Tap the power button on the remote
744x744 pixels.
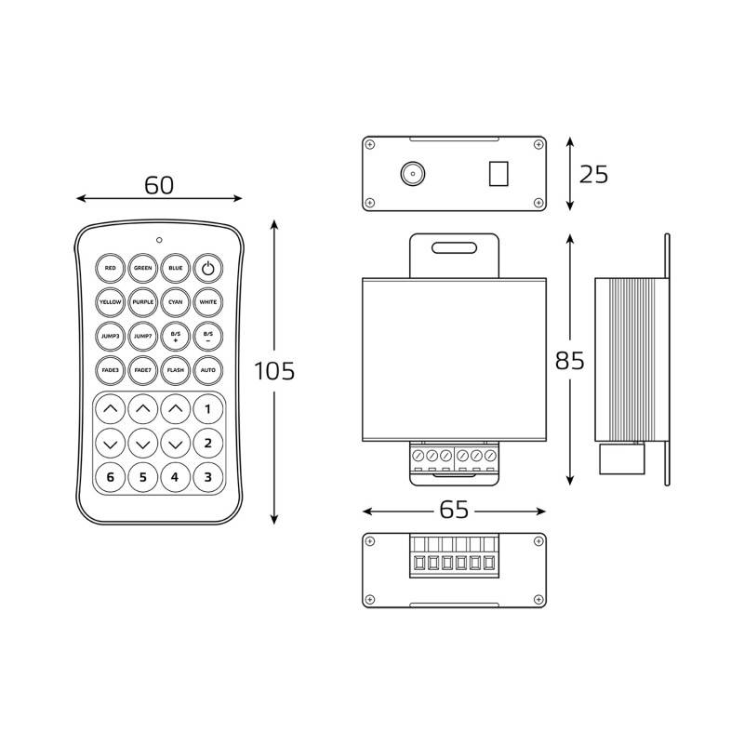pyautogui.click(x=207, y=268)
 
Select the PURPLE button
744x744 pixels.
pyautogui.click(x=143, y=302)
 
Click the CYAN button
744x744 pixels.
pyautogui.click(x=176, y=302)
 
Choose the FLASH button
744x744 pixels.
pyautogui.click(x=176, y=370)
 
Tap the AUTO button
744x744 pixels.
pyautogui.click(x=207, y=370)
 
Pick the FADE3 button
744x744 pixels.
pyautogui.click(x=110, y=370)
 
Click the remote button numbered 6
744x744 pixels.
pyautogui.click(x=110, y=477)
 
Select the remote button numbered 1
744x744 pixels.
pyautogui.click(x=207, y=409)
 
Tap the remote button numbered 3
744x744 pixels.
pyautogui.click(x=207, y=477)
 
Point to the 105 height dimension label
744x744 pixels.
pyautogui.click(x=274, y=371)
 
